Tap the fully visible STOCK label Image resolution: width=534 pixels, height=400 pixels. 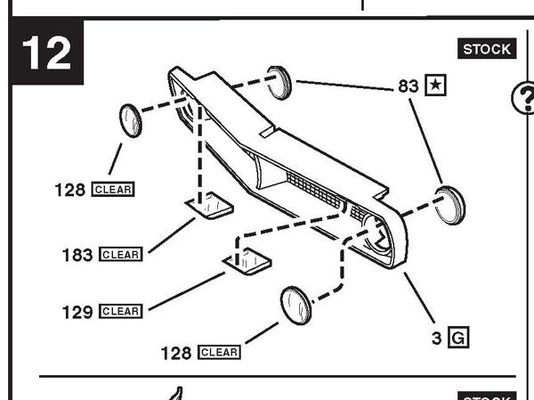[487, 49]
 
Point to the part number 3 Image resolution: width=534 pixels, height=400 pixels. [437, 338]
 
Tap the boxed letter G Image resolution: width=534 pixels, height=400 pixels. [457, 338]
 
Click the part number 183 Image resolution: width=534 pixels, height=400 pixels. [78, 255]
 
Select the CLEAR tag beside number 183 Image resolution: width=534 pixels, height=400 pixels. [120, 255]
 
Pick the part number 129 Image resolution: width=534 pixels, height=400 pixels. [78, 312]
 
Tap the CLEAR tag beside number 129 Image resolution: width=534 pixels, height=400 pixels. [120, 312]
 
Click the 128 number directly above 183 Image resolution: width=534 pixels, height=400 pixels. [70, 190]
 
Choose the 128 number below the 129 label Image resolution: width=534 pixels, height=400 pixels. [176, 353]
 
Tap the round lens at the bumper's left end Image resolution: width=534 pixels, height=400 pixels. [131, 119]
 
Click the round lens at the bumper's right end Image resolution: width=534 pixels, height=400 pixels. [449, 204]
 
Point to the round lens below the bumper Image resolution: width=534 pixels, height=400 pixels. [295, 306]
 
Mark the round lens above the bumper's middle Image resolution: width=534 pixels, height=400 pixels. [280, 81]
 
